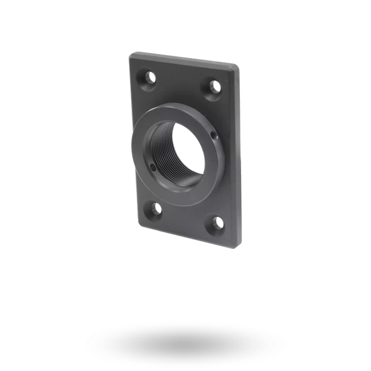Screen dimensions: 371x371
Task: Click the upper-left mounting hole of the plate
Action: point(152,78)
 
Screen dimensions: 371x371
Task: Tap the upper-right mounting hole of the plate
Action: point(216,85)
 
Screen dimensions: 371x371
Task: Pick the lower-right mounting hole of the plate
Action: point(218,222)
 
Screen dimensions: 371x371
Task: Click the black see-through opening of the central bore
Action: point(185,150)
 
